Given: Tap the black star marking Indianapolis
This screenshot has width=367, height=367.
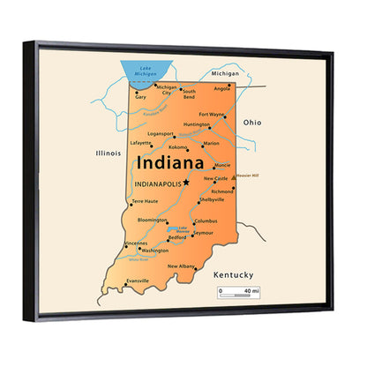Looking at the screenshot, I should [186, 183].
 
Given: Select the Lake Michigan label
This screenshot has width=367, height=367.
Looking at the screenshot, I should [146, 70].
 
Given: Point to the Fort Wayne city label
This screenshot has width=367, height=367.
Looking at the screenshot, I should [212, 114].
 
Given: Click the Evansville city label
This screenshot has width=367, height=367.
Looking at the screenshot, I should [138, 281].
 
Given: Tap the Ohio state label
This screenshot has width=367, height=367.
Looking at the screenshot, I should [252, 122].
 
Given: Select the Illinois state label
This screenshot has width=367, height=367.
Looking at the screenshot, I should [108, 153].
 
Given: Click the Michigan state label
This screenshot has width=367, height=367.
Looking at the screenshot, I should [225, 74].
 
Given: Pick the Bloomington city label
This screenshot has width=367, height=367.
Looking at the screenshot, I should [153, 220].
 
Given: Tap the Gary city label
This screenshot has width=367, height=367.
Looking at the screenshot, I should [140, 96].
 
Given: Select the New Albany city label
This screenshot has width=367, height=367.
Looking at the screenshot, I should [182, 266].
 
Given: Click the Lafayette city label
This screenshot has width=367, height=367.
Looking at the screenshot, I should [141, 142].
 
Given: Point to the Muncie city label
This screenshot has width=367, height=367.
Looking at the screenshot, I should [222, 164].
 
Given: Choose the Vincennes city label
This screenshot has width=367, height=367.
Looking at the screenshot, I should [136, 243].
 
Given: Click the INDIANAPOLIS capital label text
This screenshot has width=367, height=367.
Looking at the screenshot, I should [157, 183].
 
